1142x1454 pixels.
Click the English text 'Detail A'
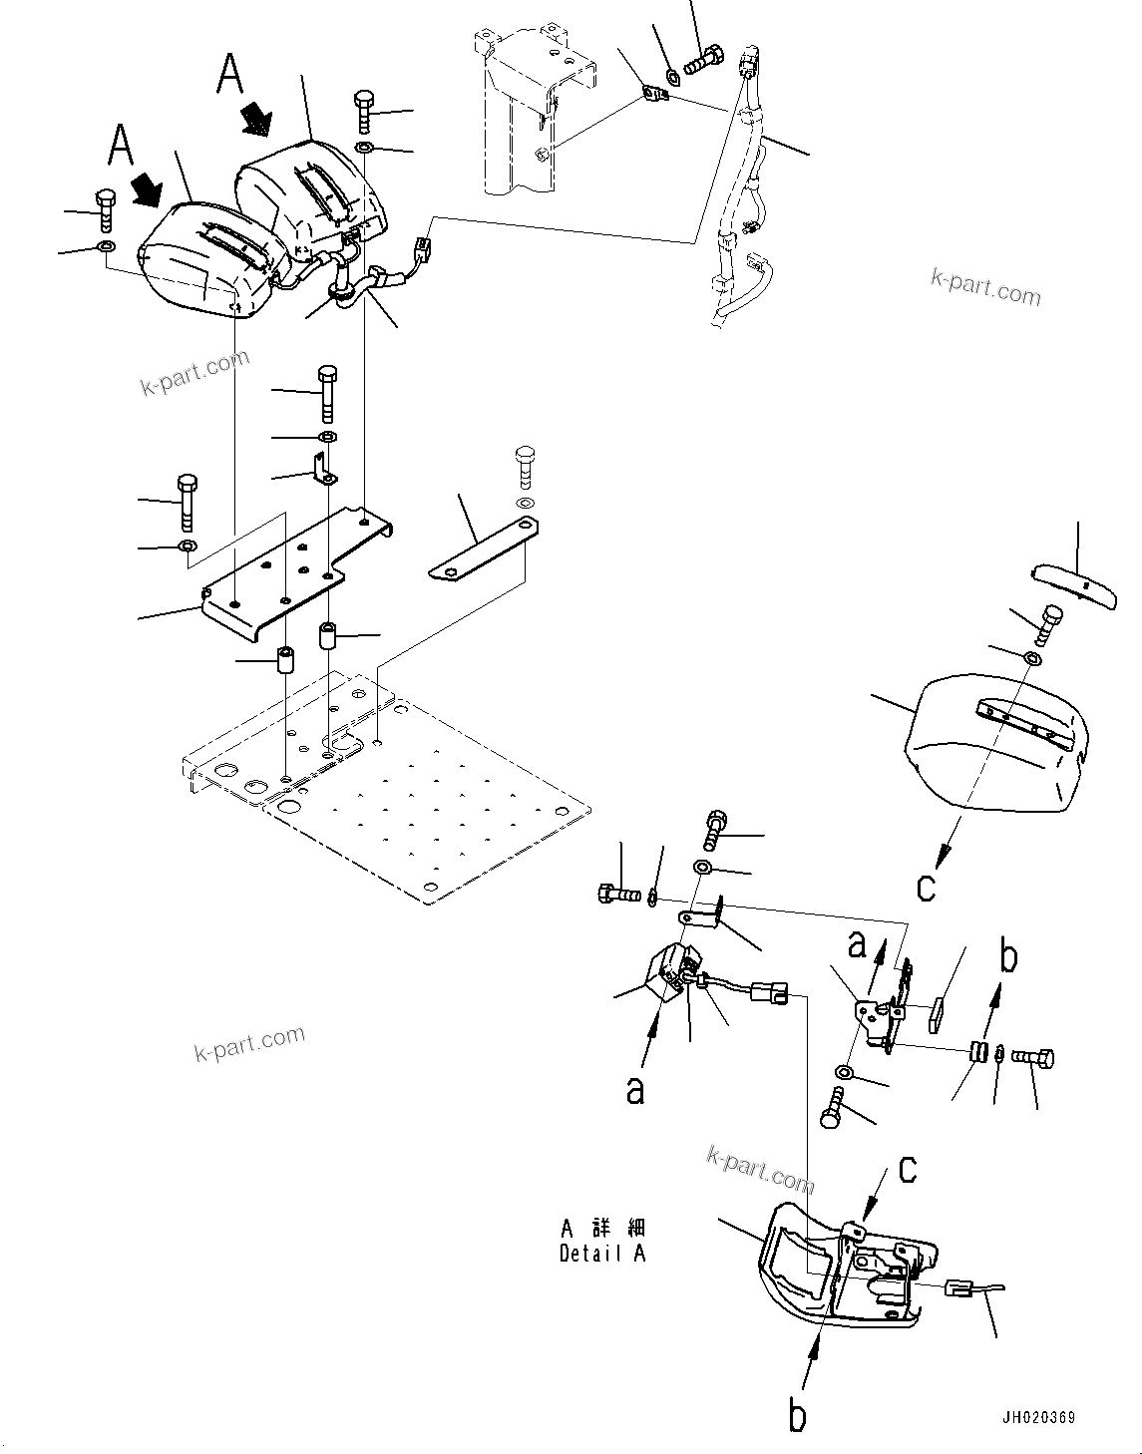coord(602,1254)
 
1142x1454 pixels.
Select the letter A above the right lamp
coord(230,73)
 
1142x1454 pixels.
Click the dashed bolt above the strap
coord(526,465)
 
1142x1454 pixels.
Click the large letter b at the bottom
coord(797,1416)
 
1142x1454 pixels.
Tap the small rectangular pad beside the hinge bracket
coord(941,1016)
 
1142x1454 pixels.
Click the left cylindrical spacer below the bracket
coord(285,659)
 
